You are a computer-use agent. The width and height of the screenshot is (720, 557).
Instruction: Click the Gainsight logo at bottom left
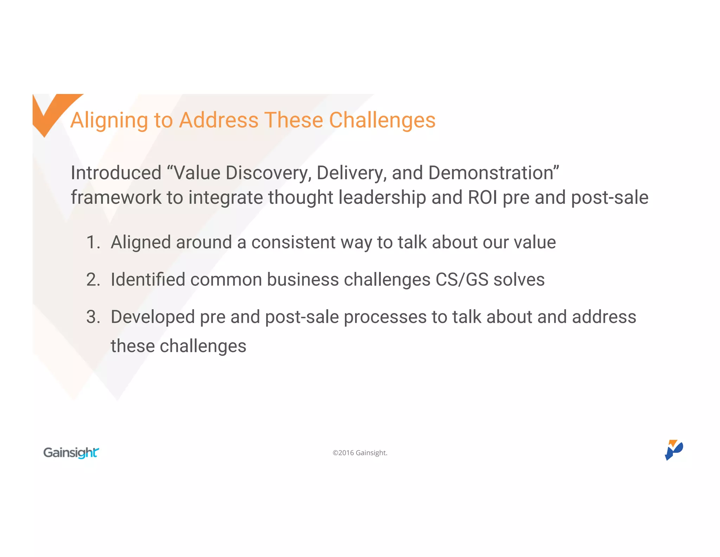click(71, 452)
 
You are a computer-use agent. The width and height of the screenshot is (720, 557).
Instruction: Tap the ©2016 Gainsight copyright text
click(360, 453)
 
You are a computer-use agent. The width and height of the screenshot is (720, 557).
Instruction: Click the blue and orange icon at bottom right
click(674, 450)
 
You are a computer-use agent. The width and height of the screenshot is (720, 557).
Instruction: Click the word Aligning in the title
click(109, 120)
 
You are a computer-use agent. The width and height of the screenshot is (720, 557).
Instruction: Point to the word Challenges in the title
click(382, 120)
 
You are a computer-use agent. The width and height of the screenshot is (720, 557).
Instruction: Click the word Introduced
click(116, 173)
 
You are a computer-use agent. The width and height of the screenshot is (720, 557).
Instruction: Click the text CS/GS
click(462, 280)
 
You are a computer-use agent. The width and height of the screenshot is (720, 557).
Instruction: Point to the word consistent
click(293, 243)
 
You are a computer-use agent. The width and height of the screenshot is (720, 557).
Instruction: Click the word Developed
click(153, 317)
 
